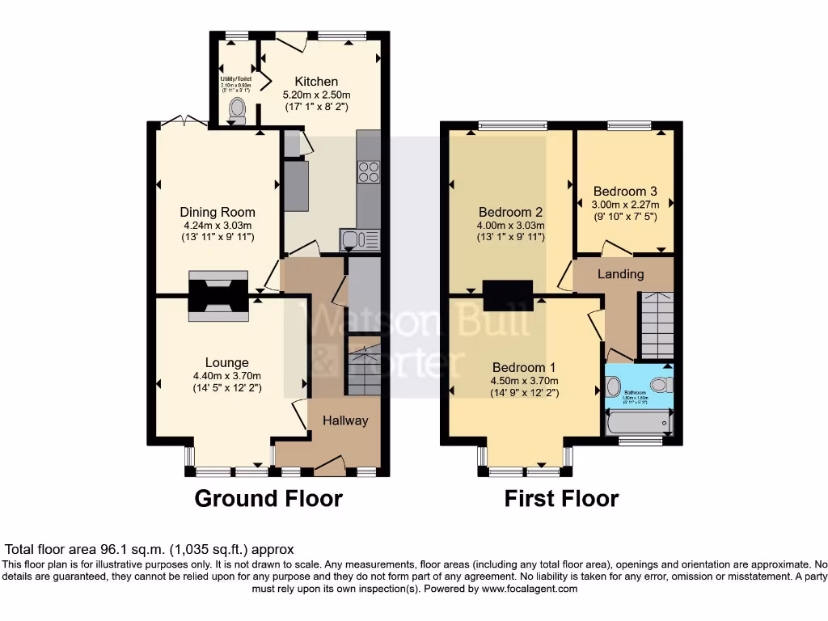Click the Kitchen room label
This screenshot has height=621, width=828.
click(316, 82)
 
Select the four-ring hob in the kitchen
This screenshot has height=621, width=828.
click(369, 171)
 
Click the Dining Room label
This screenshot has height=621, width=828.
click(218, 213)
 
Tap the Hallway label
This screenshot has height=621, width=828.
click(345, 420)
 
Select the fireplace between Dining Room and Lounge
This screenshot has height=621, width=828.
click(218, 295)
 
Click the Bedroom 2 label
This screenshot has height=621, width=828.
click(509, 213)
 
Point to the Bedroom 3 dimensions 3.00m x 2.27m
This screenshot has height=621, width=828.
click(625, 205)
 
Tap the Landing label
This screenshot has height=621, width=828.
click(620, 274)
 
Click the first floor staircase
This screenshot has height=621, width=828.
click(657, 323)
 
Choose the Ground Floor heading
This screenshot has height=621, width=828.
click(268, 499)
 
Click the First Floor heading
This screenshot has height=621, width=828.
click(561, 499)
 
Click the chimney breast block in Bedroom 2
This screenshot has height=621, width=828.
click(509, 295)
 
